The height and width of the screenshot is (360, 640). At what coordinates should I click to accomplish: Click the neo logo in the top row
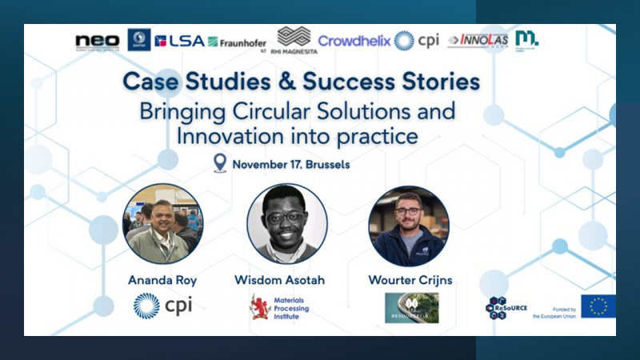coord(97,41)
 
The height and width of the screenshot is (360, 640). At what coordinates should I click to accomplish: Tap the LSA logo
coord(179,41)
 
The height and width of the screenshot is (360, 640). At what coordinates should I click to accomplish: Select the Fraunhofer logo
coord(237,42)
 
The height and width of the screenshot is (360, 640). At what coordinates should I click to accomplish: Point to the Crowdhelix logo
coord(354,40)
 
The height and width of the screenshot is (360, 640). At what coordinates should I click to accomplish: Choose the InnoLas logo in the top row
coord(478,41)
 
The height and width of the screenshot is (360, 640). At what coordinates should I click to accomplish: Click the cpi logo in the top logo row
coord(417,41)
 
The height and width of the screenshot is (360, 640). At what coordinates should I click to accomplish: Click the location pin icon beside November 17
coord(220,164)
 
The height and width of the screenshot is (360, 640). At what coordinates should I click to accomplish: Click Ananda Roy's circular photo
coord(162,224)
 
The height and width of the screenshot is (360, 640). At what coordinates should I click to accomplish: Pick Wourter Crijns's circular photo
coord(409,226)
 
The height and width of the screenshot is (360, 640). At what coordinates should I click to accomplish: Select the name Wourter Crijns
coord(410,280)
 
